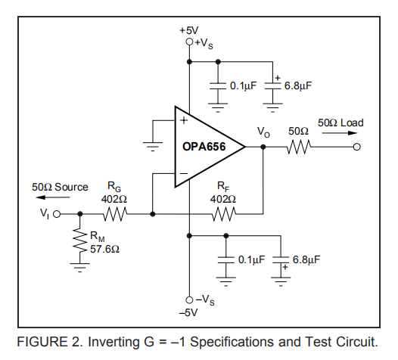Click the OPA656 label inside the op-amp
(204, 147)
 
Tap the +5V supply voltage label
(189, 30)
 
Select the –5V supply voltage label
(188, 312)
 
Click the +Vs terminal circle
(189, 42)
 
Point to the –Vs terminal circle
(189, 300)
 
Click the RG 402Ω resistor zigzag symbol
(115, 214)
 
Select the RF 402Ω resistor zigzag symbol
(224, 214)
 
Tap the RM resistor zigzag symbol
(80, 241)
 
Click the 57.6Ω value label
(104, 249)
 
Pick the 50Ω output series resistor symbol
(299, 147)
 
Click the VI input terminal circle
(57, 214)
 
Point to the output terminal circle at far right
(357, 147)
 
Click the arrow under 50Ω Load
(340, 133)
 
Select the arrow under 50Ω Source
(53, 197)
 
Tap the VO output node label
(263, 132)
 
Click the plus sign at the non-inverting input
(184, 120)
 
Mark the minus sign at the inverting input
(184, 173)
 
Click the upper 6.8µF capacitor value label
(297, 85)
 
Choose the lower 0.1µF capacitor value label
(251, 259)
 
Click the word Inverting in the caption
(113, 342)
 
